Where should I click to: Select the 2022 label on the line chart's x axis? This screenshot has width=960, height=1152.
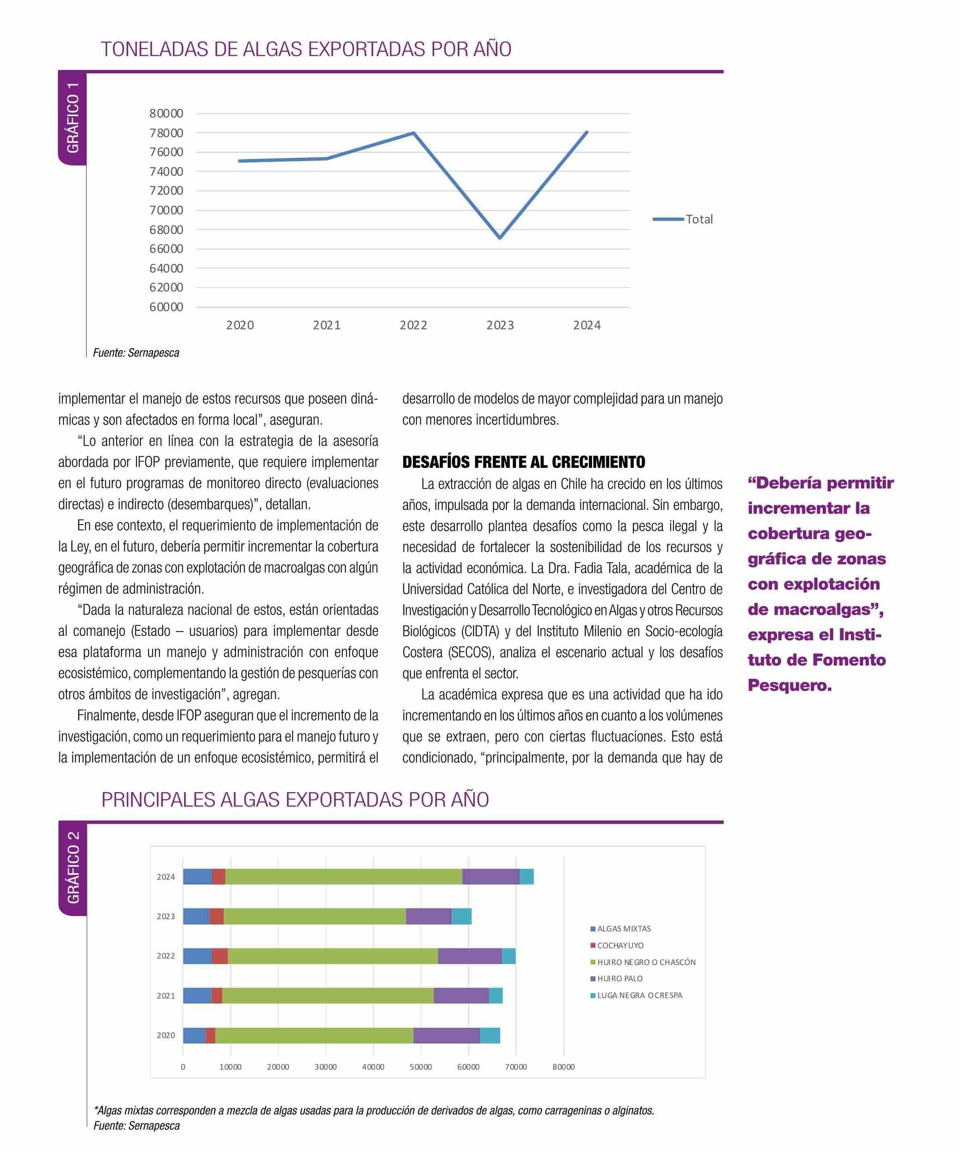click(x=413, y=325)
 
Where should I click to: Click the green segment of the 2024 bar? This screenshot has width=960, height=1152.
click(x=343, y=877)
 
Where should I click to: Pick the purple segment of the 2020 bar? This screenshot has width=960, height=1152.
click(x=446, y=1035)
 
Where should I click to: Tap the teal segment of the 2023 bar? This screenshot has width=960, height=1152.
click(x=461, y=916)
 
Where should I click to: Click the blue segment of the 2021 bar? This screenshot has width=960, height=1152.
click(x=197, y=995)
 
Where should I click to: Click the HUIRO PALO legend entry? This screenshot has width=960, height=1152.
click(x=619, y=978)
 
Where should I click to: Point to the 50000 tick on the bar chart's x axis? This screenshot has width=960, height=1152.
click(x=421, y=1067)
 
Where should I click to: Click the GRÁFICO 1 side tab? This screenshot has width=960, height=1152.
click(x=72, y=117)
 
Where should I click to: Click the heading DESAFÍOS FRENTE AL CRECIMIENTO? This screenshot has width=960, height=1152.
click(x=523, y=462)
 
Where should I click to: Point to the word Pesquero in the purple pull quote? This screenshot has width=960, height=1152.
click(x=789, y=685)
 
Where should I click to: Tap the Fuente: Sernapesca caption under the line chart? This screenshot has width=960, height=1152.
click(x=136, y=353)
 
